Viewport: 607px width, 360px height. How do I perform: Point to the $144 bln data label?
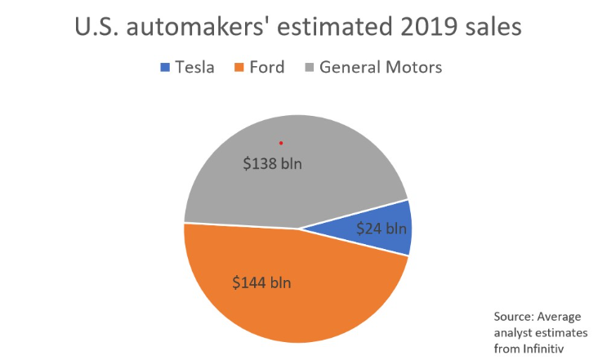[x=262, y=283]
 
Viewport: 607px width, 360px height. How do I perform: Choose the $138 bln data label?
[x=273, y=163]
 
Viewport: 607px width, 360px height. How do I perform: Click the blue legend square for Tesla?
[x=163, y=67]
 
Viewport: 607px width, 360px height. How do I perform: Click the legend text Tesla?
[x=194, y=67]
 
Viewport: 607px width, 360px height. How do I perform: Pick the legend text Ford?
[x=266, y=67]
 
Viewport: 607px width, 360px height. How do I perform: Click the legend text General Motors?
[x=381, y=67]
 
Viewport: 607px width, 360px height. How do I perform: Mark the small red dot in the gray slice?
[x=281, y=143]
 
